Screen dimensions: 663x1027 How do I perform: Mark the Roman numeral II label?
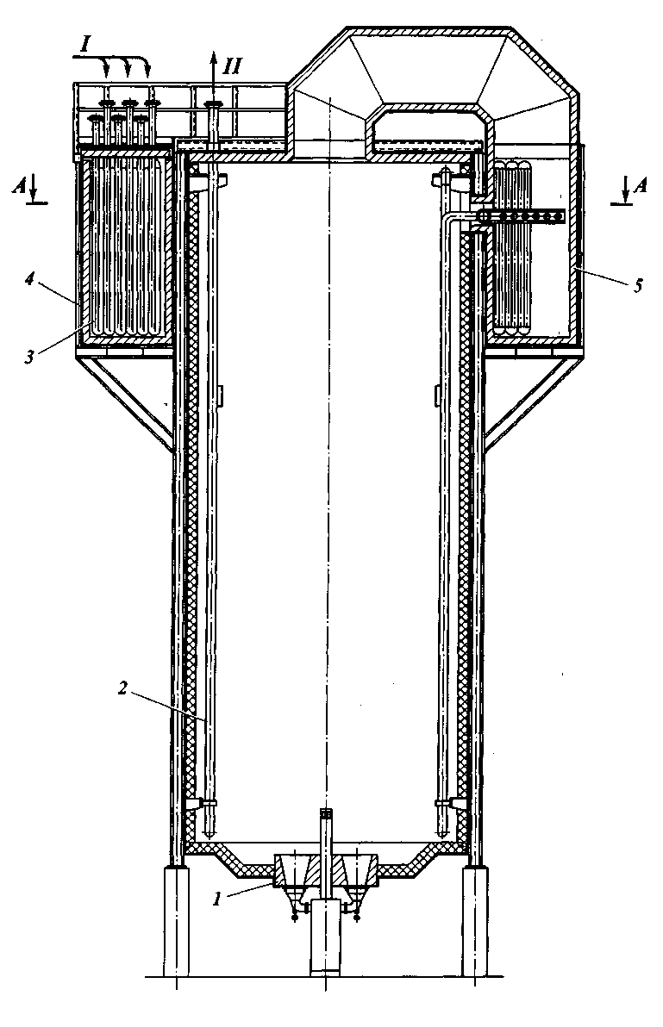[x=233, y=65]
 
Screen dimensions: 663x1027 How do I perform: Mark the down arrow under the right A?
[x=622, y=196]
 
